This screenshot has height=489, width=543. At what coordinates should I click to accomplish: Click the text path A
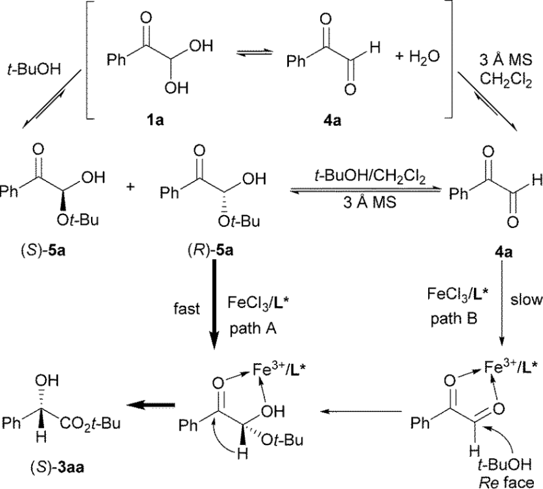point(250,329)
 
